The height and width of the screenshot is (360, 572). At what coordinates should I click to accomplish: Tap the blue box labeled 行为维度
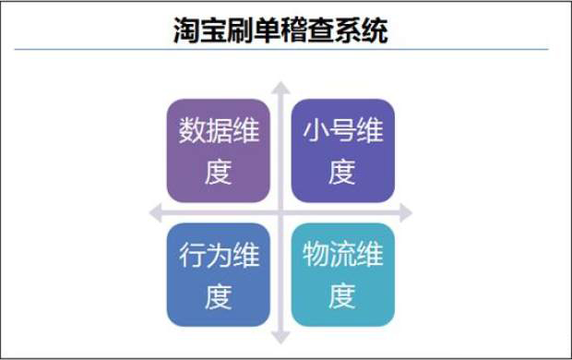pyautogui.click(x=219, y=276)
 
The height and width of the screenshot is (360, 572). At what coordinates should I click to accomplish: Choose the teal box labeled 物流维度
pyautogui.click(x=342, y=276)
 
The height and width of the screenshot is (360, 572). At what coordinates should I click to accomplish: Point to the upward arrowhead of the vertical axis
pyautogui.click(x=280, y=89)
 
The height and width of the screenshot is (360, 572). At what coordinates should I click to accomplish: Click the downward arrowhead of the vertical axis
pyautogui.click(x=280, y=337)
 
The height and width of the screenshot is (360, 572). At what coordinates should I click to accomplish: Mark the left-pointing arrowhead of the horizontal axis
pyautogui.click(x=156, y=213)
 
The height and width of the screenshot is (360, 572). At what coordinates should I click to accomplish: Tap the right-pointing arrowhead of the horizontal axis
pyautogui.click(x=405, y=213)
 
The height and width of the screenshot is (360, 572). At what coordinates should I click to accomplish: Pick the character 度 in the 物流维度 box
pyautogui.click(x=342, y=296)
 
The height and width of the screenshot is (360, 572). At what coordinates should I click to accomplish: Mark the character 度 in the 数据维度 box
pyautogui.click(x=219, y=172)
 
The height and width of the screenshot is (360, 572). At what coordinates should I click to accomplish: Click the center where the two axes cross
pyautogui.click(x=280, y=213)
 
